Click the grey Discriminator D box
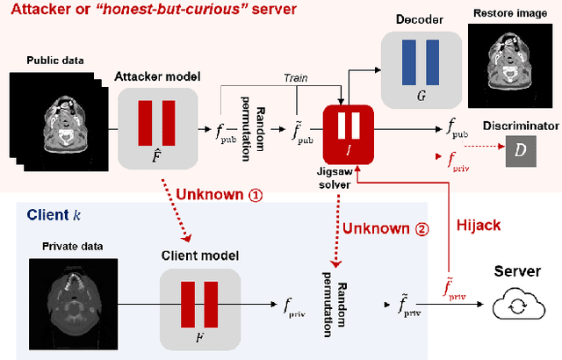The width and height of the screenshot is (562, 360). coord(520,153)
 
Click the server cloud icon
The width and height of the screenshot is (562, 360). coord(518,306)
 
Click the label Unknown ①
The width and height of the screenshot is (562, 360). coord(219,195)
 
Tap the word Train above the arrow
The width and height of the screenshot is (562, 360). coord(294,78)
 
